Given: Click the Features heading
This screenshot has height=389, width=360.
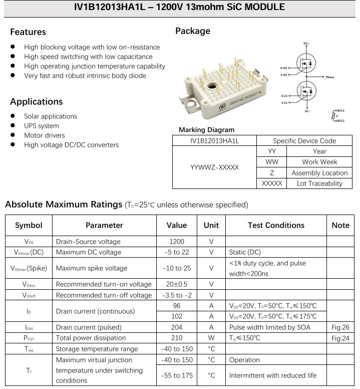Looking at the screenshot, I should click(28, 32).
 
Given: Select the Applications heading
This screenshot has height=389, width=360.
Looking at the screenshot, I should click(37, 102).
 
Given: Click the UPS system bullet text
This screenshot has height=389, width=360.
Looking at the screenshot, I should click(42, 126).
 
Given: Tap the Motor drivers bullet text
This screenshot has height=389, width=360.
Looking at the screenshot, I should click(45, 135).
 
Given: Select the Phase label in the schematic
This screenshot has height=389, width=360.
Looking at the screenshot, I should click(329, 77).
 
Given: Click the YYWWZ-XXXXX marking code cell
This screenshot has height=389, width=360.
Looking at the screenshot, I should click(214, 167).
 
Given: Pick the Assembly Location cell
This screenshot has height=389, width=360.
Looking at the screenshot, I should click(319, 173).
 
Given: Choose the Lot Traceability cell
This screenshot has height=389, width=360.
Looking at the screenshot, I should click(319, 183).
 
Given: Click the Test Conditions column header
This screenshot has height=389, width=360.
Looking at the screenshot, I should click(276, 226).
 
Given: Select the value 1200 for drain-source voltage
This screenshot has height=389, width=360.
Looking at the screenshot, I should click(177, 241).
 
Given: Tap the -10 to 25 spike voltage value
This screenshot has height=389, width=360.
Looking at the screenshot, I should click(177, 268).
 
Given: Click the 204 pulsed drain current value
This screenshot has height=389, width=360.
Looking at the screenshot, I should click(177, 327).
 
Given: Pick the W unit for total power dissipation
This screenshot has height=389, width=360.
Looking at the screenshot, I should click(211, 338).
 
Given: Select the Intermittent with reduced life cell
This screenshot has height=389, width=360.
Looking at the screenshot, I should click(273, 375).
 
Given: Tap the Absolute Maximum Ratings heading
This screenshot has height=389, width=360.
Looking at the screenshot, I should click(62, 205).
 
